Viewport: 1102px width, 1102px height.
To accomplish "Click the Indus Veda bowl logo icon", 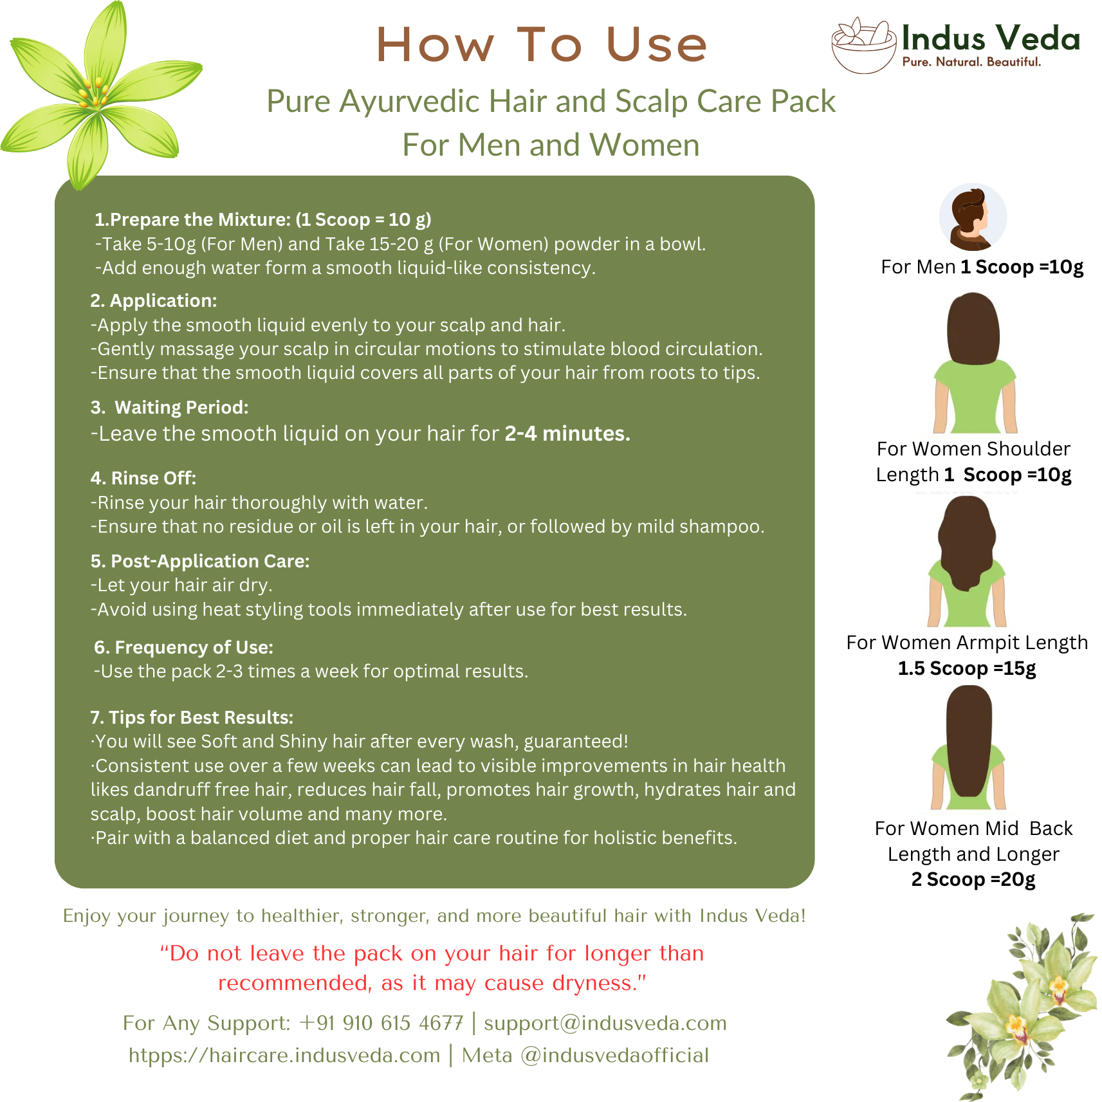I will (x=863, y=45).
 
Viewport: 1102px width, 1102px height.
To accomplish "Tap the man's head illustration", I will (x=972, y=217).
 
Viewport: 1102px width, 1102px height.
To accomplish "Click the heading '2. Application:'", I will (x=154, y=300).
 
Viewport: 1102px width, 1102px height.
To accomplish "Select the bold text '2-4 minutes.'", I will (x=567, y=434).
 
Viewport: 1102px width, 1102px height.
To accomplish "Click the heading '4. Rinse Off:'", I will (x=143, y=478).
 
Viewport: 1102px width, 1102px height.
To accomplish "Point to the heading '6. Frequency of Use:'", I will (x=183, y=647).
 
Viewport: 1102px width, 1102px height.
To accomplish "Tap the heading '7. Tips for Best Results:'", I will (x=192, y=717).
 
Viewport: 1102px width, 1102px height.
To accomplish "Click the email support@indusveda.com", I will (x=605, y=1023).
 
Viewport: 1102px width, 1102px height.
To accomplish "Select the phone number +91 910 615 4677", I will (x=381, y=1023).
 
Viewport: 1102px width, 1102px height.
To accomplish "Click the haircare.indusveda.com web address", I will (x=284, y=1055).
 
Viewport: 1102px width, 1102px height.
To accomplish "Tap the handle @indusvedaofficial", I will (x=614, y=1055).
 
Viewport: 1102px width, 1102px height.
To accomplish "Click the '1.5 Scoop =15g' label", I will (x=966, y=668).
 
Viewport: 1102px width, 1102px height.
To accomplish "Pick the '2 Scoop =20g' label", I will (x=973, y=879).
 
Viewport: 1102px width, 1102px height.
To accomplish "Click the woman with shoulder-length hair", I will (x=974, y=363).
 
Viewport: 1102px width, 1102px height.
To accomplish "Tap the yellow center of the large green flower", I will (x=95, y=93).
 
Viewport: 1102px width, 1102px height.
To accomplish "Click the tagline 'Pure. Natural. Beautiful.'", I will (x=971, y=62).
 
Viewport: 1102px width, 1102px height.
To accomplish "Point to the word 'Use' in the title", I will (x=656, y=45).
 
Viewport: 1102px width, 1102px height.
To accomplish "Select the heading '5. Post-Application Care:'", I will (x=200, y=561).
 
